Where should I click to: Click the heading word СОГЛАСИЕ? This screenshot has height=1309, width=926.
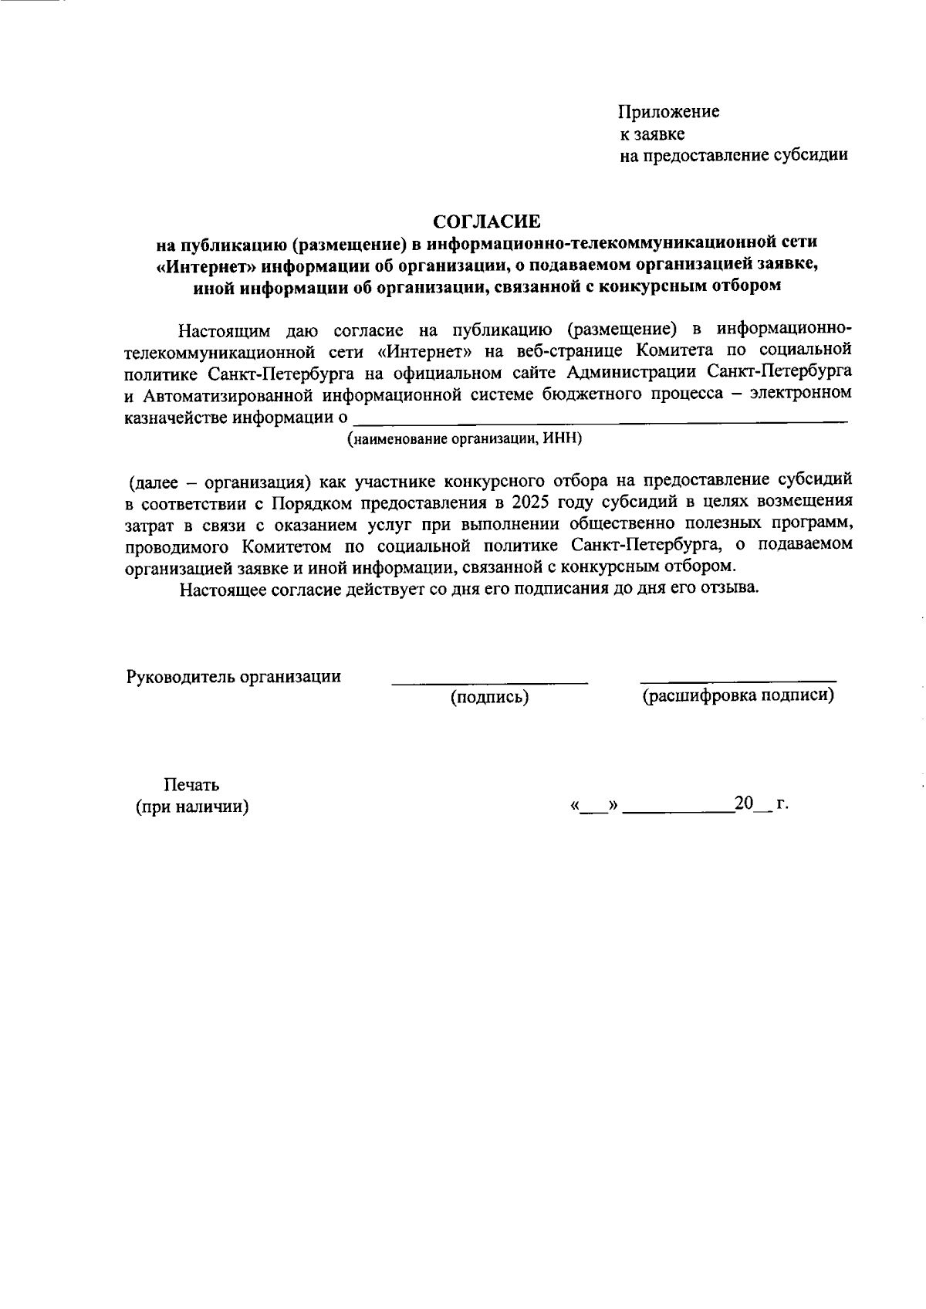[486, 222]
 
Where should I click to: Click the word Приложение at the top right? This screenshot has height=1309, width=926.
[668, 112]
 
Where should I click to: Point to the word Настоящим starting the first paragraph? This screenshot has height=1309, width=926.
[225, 332]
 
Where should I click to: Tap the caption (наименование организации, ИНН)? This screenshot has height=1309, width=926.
[464, 439]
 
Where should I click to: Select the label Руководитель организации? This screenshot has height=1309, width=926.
[233, 677]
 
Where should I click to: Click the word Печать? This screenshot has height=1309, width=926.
[191, 785]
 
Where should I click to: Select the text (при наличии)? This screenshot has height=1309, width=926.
[192, 807]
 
